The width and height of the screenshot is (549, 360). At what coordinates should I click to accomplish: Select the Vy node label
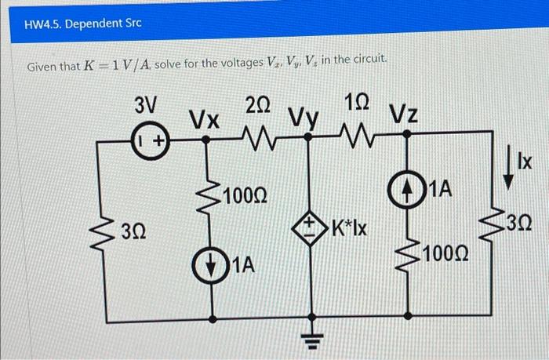click(304, 117)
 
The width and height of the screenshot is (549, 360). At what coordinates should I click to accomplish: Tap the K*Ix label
click(352, 230)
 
